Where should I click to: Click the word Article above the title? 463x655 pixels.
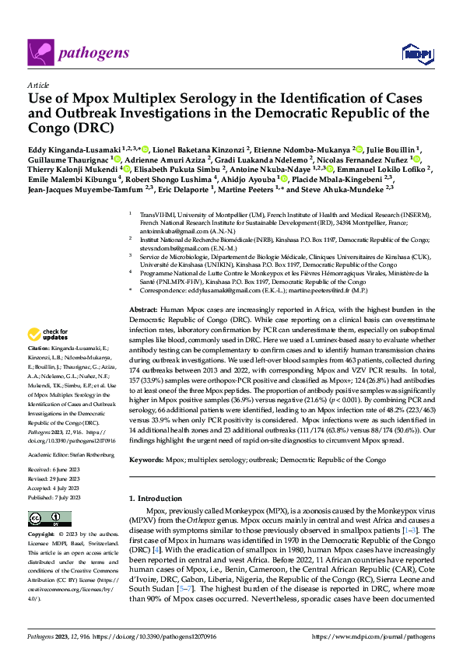pyautogui.click(x=37, y=85)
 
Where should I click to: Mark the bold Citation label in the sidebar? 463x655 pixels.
pyautogui.click(x=38, y=348)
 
